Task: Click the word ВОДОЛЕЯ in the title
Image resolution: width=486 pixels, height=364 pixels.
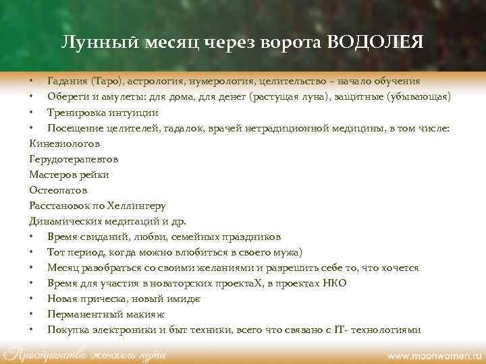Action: coord(375,42)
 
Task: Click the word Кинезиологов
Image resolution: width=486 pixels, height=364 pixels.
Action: coord(64,144)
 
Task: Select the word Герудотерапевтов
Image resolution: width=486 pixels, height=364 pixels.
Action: coord(74,159)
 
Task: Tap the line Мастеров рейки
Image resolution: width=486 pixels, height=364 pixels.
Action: coord(69,175)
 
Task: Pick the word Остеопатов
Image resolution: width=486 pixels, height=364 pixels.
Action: coord(58,190)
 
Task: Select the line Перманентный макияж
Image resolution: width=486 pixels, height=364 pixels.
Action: coord(106,314)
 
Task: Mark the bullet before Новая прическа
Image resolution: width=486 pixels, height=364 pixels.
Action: coord(32,299)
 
